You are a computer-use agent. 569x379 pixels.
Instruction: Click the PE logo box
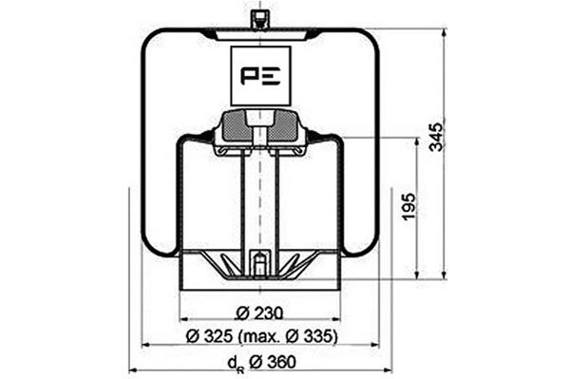[x=260, y=75]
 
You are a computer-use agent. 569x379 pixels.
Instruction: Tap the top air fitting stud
[x=259, y=19]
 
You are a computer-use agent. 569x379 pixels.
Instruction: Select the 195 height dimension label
[x=408, y=207]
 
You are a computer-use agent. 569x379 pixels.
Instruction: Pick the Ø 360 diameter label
[x=262, y=361]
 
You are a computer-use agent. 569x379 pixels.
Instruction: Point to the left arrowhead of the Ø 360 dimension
[x=132, y=370]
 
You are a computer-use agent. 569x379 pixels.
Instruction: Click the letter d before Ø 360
[x=230, y=362]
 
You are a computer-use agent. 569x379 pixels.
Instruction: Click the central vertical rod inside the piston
[x=259, y=199]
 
